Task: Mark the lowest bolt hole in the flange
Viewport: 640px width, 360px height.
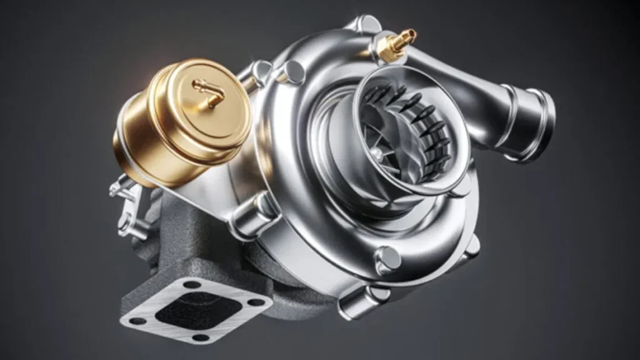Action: [200, 337]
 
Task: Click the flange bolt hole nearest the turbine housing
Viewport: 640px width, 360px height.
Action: [193, 285]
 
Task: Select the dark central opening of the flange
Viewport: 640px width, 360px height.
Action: [196, 311]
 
